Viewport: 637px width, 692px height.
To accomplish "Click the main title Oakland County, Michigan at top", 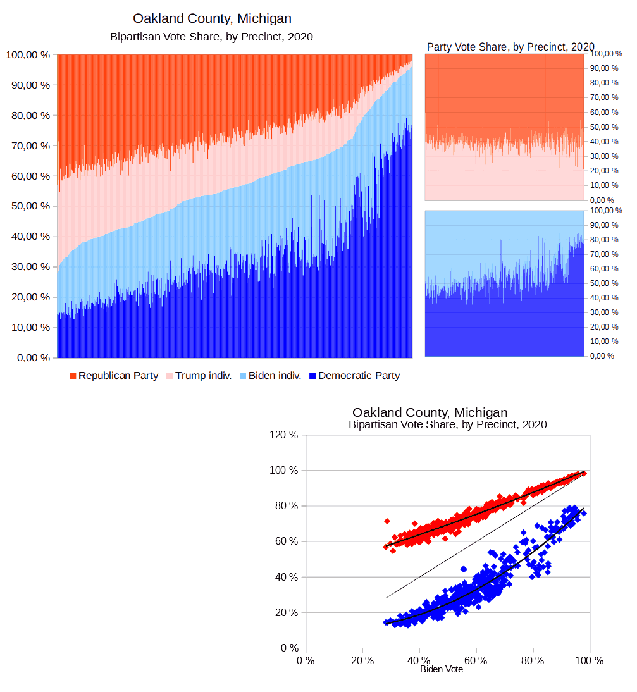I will [212, 18].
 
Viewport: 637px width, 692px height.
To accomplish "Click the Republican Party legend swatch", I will [73, 376].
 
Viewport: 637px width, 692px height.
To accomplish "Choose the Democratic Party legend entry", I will [359, 376].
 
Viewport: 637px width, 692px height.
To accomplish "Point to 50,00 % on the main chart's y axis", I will [28, 206].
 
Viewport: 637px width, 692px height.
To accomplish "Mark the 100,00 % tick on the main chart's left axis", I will [28, 55].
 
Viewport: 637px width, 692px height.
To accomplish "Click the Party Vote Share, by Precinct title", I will [510, 47].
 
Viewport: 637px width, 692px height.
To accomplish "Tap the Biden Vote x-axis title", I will [442, 669].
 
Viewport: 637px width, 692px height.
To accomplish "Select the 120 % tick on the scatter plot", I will [284, 435].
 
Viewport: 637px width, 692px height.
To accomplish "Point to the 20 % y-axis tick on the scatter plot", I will [287, 613].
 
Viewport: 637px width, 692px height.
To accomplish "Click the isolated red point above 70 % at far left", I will [387, 521].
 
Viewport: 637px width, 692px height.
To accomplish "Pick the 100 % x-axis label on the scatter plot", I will [589, 660].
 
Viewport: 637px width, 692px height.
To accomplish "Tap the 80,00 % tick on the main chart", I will [28, 116].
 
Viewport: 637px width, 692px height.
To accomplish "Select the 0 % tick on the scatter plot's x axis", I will [306, 660].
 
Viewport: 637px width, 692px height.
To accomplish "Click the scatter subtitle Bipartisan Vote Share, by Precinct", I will [447, 424].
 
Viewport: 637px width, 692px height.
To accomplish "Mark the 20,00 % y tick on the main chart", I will [28, 297].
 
